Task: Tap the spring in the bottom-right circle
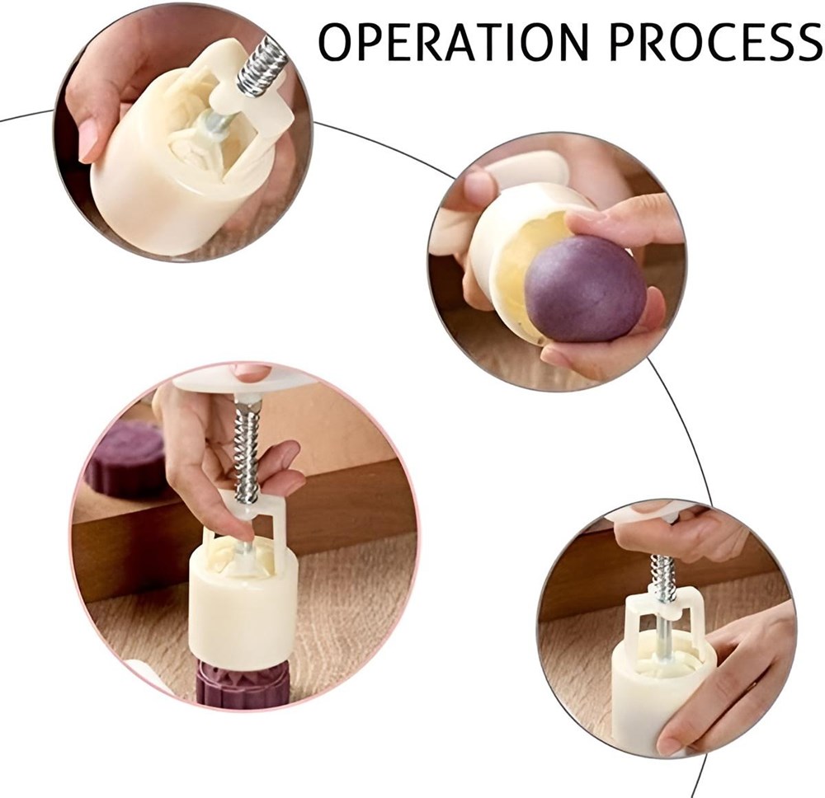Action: click(x=664, y=577)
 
